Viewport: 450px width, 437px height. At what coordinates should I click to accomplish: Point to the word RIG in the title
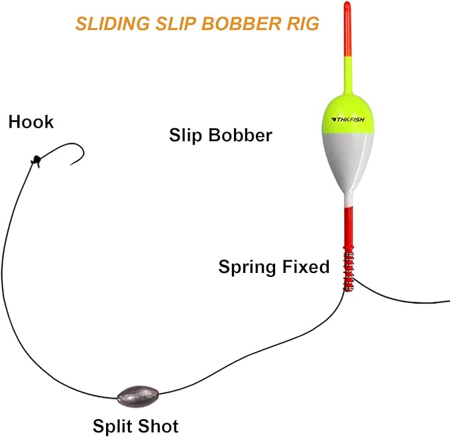302,24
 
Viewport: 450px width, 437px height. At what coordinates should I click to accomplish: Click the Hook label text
31,122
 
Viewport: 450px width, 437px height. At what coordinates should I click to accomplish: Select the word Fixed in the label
306,267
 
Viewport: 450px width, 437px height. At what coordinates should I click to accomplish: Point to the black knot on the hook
36,159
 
